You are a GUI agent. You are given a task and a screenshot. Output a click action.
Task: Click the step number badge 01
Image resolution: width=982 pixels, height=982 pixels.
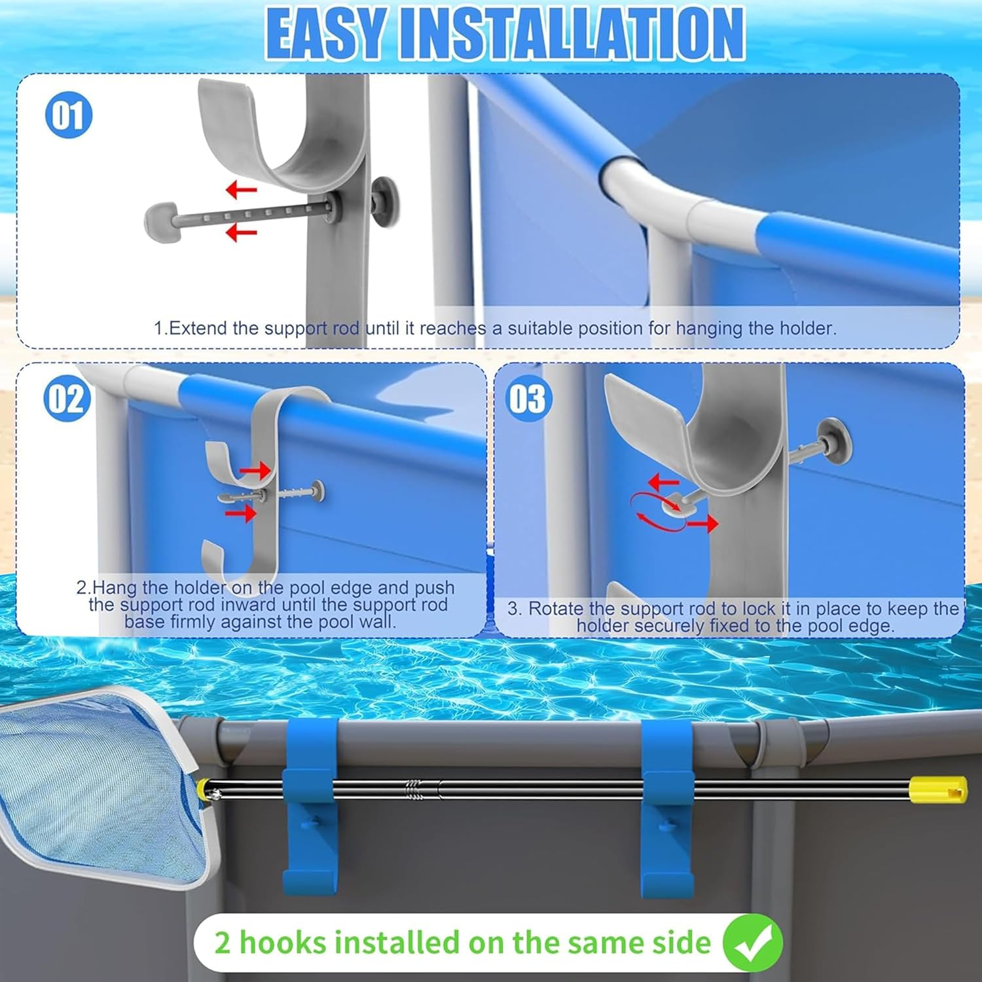(x=68, y=115)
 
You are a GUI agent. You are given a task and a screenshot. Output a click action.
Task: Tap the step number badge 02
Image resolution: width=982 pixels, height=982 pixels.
(x=67, y=398)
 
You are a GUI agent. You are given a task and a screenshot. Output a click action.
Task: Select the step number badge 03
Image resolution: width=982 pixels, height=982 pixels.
(x=527, y=398)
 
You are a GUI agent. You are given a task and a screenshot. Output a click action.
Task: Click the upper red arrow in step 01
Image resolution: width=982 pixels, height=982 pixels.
(x=242, y=191)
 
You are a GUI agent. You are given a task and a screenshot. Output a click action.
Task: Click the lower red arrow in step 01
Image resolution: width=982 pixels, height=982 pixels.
(x=242, y=232)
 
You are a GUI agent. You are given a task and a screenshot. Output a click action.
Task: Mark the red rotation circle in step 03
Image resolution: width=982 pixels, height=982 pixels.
(x=658, y=512)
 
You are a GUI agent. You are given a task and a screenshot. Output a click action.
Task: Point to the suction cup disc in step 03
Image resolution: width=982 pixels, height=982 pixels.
(x=834, y=441)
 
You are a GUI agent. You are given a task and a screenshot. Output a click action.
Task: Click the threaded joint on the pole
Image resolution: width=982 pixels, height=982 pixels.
(x=414, y=788)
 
